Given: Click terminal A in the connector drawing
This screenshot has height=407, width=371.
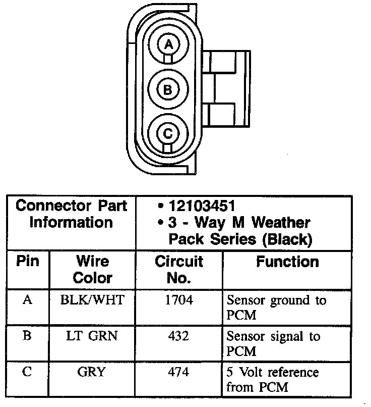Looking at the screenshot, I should [168, 45].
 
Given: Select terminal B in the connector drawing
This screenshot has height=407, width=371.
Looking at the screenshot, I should [168, 90].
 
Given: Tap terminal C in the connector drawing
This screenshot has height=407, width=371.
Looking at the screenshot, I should [168, 133].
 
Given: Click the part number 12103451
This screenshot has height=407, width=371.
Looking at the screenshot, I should [202, 206].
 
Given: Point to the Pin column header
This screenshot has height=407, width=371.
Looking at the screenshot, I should [28, 262].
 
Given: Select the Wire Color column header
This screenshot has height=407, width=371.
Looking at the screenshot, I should [92, 269].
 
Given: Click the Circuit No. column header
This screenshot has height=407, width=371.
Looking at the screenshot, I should [179, 269].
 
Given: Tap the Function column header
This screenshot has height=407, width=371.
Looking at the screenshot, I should [287, 262].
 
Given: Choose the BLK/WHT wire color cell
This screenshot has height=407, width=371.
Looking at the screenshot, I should [92, 300].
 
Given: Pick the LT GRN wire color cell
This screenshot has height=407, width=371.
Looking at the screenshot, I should [92, 336].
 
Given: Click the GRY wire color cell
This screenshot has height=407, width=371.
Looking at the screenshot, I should [92, 373].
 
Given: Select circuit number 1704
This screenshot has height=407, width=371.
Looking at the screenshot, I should [179, 300].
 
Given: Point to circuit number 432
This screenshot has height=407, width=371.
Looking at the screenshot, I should [179, 336].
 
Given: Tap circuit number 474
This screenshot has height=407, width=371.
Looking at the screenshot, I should [179, 373].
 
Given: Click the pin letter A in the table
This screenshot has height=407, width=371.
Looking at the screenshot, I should [28, 300].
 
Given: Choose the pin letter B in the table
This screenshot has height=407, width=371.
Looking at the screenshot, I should [28, 336].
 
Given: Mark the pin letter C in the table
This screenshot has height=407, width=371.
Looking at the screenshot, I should [28, 373].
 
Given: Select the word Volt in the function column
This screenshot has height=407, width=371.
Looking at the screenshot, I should [251, 373].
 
